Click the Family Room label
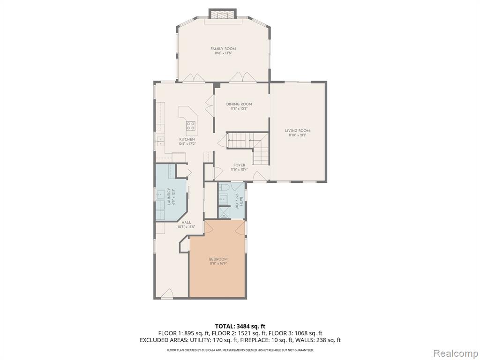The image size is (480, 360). coord(223,49)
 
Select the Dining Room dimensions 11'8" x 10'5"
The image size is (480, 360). coord(239,109)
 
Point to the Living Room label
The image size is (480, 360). coord(298,131)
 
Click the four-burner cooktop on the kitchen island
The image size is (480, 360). coord(191,125)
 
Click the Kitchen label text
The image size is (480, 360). coord(187,139)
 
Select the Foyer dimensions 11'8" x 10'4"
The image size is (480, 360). coord(239,169)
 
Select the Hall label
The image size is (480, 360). coord(186,223)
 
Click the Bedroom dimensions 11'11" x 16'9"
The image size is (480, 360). coord(218,263)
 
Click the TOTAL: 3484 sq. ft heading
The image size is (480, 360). coord(240,326)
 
